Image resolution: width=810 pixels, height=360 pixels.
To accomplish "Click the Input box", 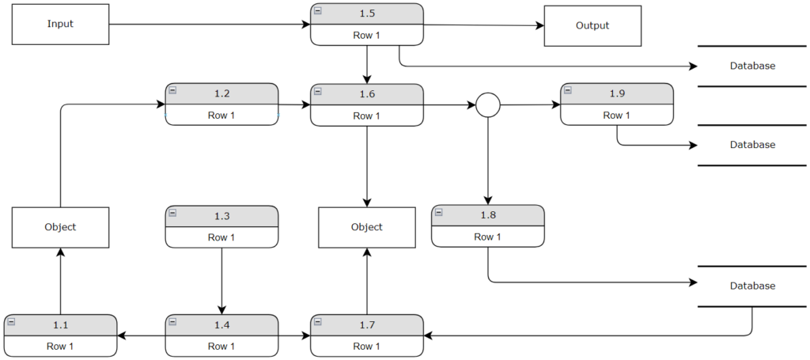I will pos(60,24).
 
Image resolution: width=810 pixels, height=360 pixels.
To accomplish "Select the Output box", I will pos(592,25).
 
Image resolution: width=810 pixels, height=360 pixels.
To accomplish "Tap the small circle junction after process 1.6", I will pos(488,104).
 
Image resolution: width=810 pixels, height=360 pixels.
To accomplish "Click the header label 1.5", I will pos(367,14).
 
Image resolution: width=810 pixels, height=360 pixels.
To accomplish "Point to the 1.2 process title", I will pos(222,94).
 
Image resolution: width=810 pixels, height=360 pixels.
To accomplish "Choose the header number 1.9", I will pos(617,94).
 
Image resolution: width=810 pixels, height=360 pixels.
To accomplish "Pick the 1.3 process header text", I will pos(222,216).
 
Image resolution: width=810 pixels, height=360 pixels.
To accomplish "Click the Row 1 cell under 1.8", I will pos(487,237).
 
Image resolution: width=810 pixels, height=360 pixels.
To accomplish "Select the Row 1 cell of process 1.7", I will pos(367,346).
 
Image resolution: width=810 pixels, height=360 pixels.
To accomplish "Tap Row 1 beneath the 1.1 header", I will pos(61,346).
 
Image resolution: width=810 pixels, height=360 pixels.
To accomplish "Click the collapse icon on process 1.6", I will pos(318,92).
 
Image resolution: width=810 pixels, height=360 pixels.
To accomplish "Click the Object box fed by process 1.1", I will pos(60,227).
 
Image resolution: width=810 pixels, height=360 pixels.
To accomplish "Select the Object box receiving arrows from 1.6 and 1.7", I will pos(366,227).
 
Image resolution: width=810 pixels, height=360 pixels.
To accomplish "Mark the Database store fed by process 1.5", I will pos(751,66).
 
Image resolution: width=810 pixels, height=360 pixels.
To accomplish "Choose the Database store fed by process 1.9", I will pos(751,145).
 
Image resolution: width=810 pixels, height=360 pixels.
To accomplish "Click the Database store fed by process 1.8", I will pos(751,286).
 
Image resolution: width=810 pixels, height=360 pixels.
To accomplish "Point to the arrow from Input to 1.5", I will pos(209,25).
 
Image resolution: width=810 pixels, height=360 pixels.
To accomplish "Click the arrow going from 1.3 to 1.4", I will pos(221,280).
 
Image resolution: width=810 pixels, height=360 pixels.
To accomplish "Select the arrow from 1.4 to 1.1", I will pos(142,335).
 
